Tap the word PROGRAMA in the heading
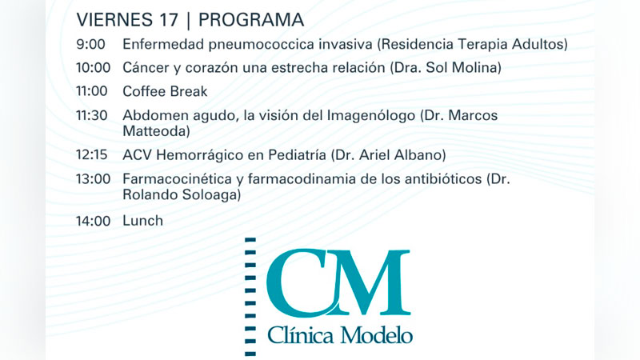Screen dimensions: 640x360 click(x=251, y=19)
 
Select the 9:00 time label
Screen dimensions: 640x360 click(x=90, y=44)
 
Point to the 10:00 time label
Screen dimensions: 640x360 click(x=93, y=67)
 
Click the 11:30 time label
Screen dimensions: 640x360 click(x=92, y=115)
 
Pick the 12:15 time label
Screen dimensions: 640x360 click(x=92, y=154)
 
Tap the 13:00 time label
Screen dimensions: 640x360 click(x=93, y=178)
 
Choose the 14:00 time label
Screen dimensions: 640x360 click(x=93, y=221)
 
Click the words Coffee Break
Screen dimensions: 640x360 click(x=165, y=91)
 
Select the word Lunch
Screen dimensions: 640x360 click(x=143, y=221)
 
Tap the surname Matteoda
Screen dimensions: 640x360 click(x=154, y=131)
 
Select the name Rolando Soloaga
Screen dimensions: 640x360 click(x=179, y=194)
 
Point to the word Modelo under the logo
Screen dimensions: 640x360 click(x=376, y=335)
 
